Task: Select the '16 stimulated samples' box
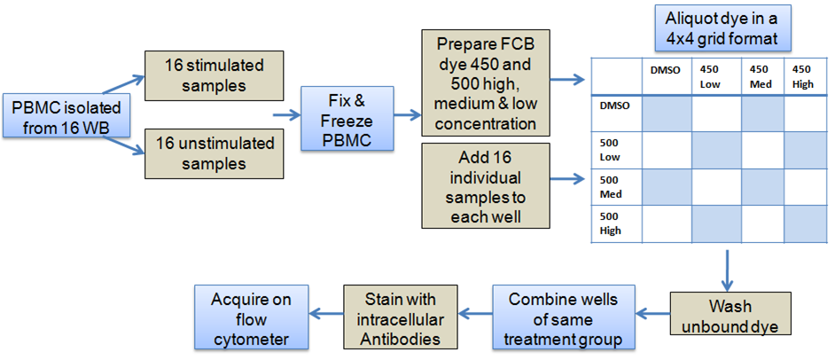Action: click(214, 75)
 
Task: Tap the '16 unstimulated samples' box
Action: click(214, 153)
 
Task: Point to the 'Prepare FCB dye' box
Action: click(485, 82)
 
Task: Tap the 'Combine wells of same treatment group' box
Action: click(564, 317)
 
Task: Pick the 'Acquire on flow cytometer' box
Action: click(252, 317)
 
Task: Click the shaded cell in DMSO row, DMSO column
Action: click(667, 113)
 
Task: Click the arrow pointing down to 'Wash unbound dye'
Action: click(728, 269)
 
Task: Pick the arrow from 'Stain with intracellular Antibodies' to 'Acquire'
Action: click(326, 314)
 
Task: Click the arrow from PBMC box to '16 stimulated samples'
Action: click(123, 83)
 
